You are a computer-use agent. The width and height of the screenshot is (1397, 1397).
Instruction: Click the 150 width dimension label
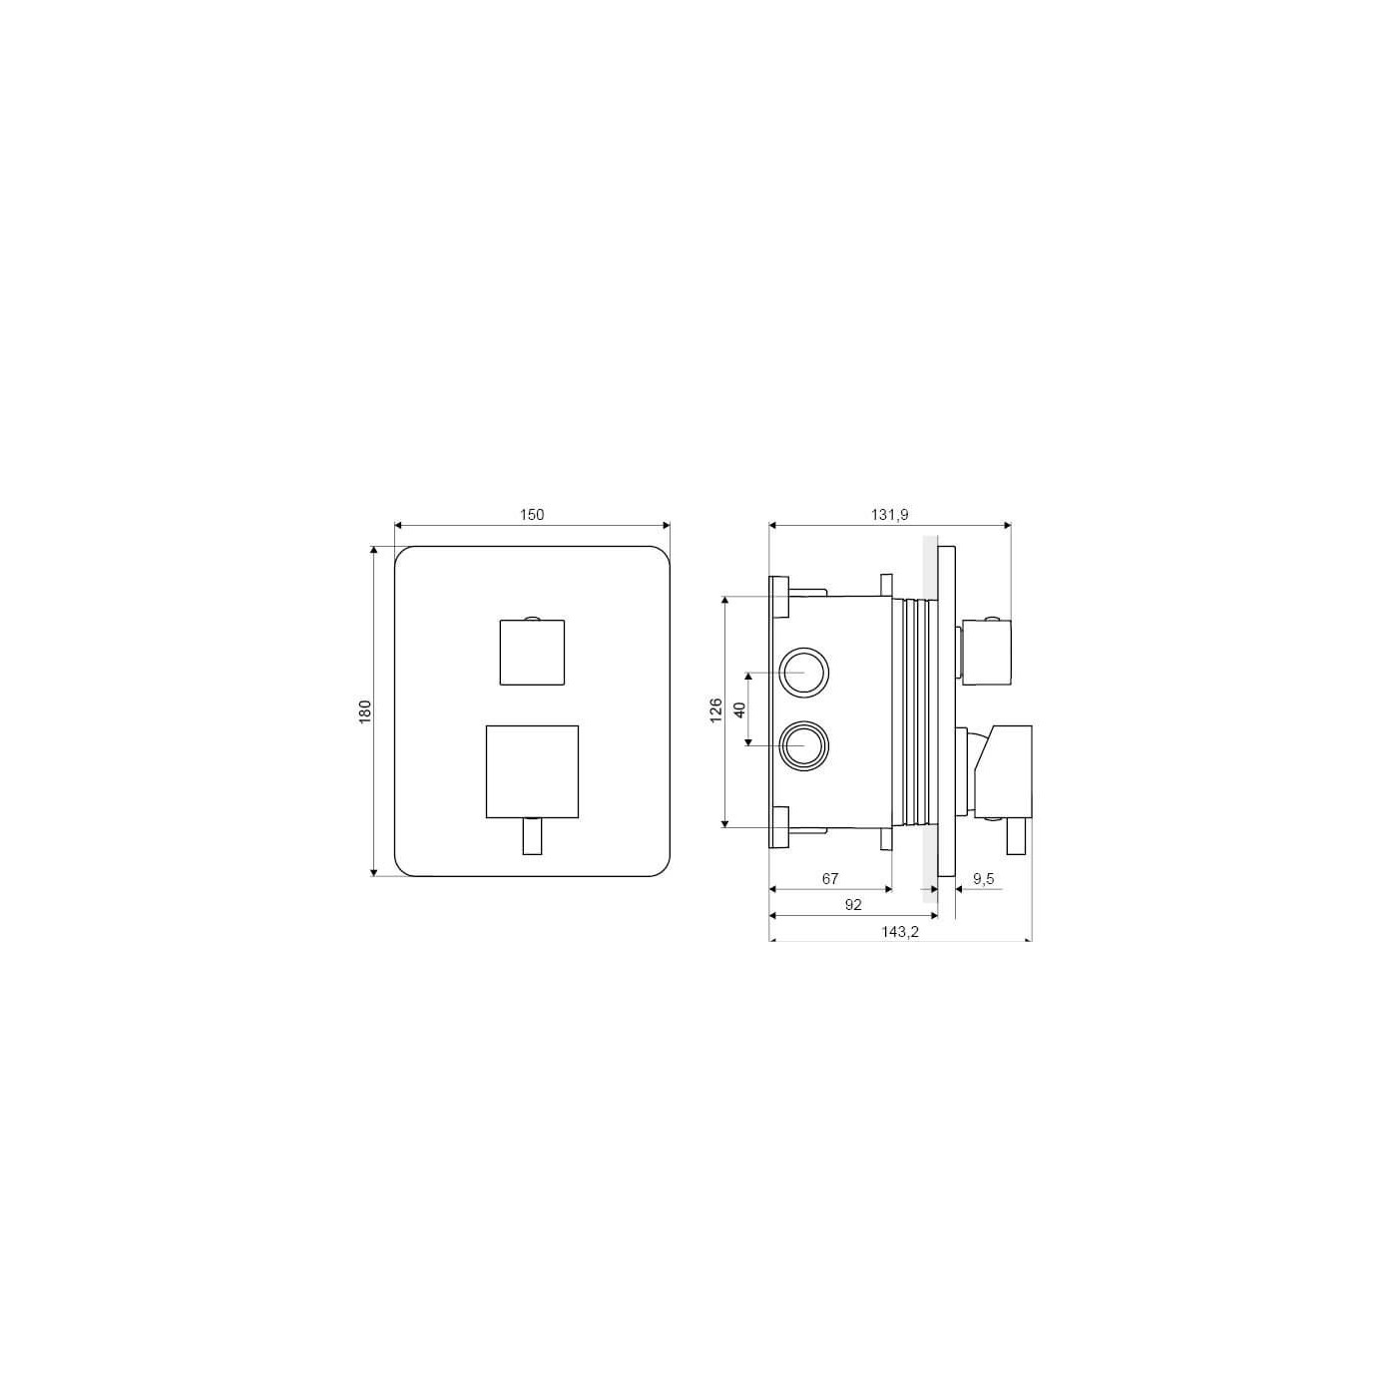click(x=532, y=515)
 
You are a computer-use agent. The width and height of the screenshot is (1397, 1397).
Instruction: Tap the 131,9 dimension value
click(x=889, y=515)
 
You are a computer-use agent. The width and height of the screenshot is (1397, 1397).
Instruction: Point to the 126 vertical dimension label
click(x=716, y=709)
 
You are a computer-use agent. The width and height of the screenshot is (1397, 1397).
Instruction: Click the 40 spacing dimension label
click(x=740, y=709)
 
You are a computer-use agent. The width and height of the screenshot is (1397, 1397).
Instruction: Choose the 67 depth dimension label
click(x=830, y=879)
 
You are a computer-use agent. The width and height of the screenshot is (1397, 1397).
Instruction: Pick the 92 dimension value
click(x=852, y=905)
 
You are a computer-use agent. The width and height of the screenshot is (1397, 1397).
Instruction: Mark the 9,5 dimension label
click(x=984, y=879)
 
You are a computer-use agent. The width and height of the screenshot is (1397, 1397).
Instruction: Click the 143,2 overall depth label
click(x=900, y=932)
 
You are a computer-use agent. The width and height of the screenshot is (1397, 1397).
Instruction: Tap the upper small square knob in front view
click(x=532, y=652)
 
